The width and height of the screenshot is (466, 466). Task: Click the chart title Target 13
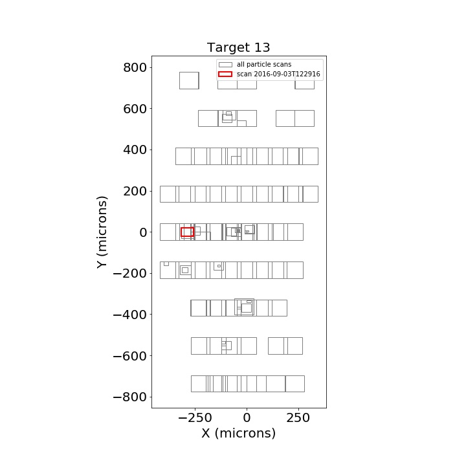coord(238,47)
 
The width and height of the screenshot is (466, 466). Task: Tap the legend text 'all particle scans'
coord(264,65)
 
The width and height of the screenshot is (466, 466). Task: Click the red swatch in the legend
coord(225,74)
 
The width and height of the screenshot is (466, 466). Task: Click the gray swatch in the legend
coord(225,65)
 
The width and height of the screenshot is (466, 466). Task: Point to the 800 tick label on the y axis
coord(135,68)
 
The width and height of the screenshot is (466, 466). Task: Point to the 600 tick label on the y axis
coord(135,109)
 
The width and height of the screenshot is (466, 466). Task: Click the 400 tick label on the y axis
coord(135,150)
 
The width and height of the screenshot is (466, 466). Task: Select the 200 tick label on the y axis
coord(135,191)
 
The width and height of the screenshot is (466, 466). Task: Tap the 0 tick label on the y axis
coord(143,232)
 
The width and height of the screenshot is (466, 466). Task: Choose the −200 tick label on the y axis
coord(130,273)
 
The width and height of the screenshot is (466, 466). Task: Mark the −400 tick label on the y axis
coord(130,315)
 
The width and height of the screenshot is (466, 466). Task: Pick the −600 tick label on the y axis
coord(130,356)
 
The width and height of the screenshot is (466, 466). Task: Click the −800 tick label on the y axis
coord(130,397)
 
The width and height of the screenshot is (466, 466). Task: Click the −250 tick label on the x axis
coord(195,418)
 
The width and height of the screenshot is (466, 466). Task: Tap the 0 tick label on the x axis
coord(247,418)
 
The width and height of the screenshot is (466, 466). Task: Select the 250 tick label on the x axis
coord(298,418)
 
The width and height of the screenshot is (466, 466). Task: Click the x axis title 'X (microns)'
coord(239,434)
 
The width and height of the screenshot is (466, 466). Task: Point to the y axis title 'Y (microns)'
coord(102,232)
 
